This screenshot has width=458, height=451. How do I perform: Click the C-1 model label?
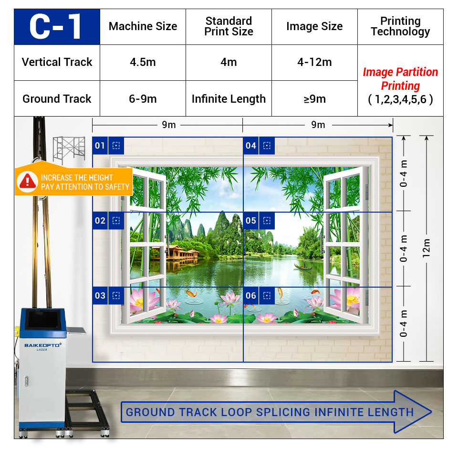55,27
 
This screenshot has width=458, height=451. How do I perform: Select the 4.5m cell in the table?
143,62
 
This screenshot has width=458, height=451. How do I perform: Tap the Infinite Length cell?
229,99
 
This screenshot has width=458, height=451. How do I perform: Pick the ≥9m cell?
314,99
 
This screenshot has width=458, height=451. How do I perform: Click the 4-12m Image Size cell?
314,62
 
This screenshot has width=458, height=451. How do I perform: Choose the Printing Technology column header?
400,26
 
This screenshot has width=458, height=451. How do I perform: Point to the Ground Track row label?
57,99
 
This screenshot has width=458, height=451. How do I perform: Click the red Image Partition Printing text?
400,79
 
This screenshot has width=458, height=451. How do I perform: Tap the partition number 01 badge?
100,145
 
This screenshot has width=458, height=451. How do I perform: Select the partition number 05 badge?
251,221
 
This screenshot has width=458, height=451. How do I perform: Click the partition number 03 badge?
100,295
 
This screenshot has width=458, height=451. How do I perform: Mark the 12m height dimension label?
427,248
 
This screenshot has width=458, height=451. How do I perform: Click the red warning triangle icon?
28,182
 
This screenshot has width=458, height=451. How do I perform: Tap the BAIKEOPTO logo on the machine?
42,345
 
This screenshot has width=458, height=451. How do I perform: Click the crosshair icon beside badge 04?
267,145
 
